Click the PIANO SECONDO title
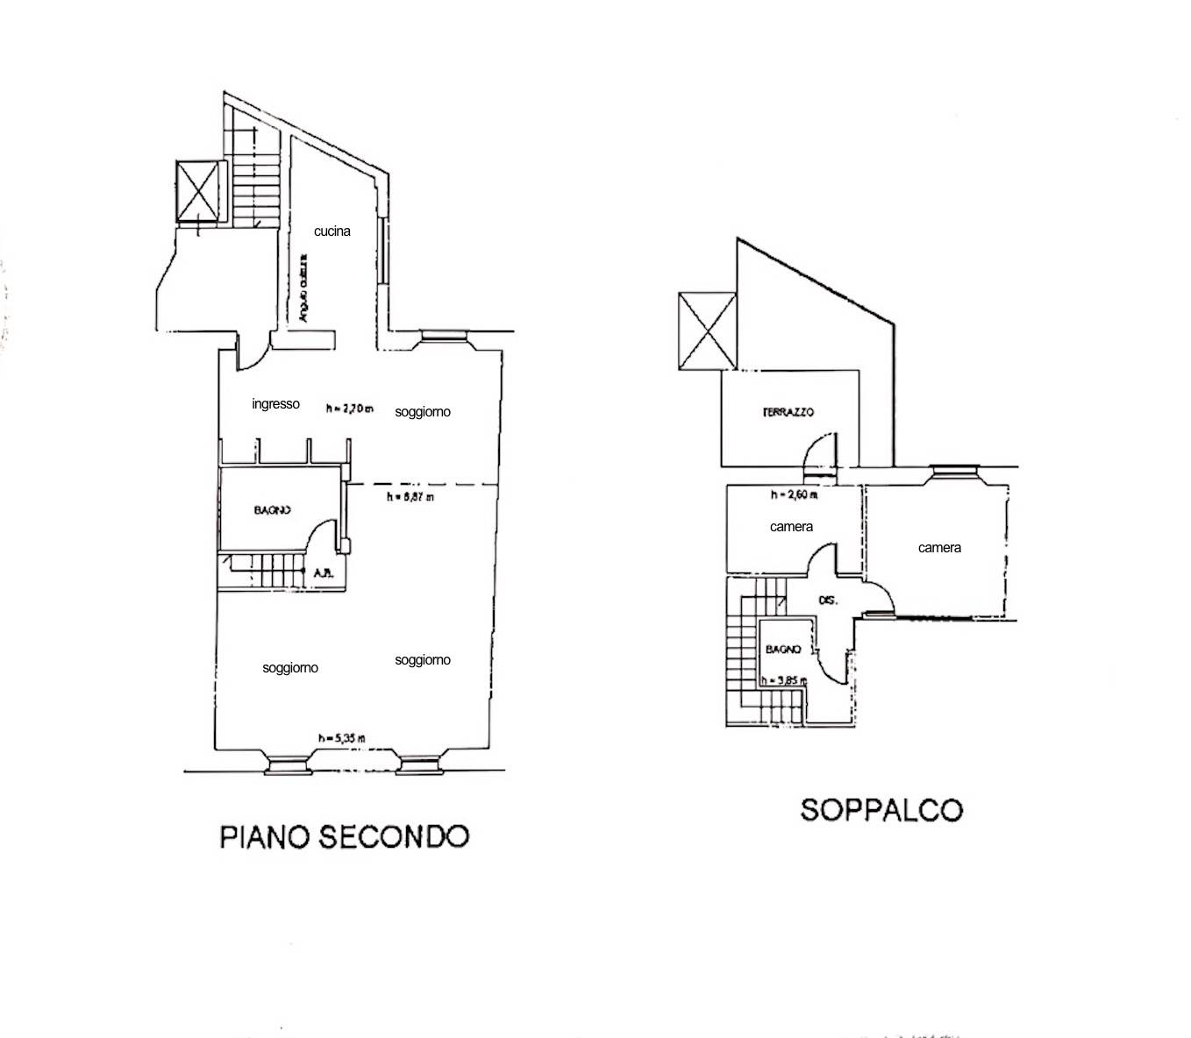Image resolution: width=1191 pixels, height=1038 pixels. coord(344,835)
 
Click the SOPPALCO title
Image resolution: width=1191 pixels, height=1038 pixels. coord(881,808)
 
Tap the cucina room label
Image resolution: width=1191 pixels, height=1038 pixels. coord(332,231)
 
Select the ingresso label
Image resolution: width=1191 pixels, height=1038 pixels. coord(275,404)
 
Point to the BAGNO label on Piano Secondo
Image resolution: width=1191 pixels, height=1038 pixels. coord(272,510)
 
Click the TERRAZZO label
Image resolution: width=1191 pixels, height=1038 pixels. coord(788,412)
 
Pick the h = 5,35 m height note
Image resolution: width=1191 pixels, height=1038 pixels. coord(341,738)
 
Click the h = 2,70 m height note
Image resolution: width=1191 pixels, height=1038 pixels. coord(349,409)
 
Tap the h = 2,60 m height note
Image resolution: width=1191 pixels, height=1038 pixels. coord(793,495)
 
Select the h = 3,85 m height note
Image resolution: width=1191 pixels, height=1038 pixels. coord(782,679)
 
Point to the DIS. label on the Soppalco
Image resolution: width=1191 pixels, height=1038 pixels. coord(827,601)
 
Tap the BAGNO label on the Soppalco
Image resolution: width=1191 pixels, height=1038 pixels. coord(782,650)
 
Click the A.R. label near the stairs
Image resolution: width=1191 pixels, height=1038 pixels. coord(322,574)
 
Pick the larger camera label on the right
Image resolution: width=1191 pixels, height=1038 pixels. coord(939,548)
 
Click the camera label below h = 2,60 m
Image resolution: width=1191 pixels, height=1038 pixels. coord(791,527)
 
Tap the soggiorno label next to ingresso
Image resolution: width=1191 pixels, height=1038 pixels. coord(422,412)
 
